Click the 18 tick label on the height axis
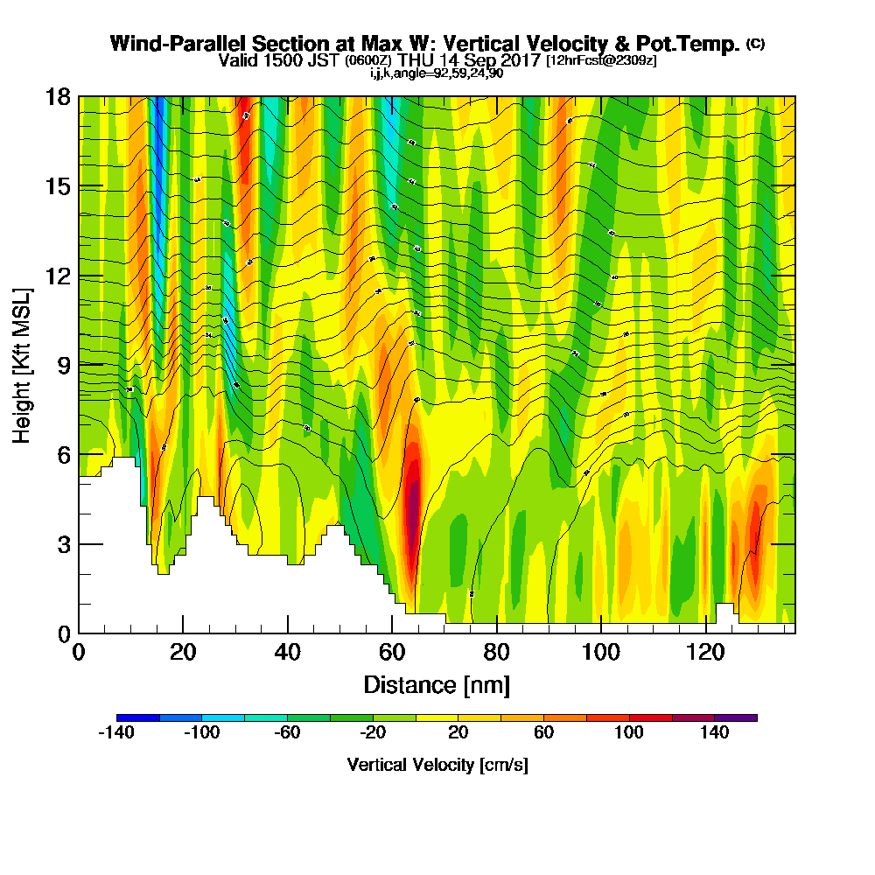(x=58, y=97)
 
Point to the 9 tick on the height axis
(x=79, y=365)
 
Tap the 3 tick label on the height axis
(x=63, y=544)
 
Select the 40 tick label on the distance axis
(x=287, y=653)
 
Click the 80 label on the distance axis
(x=496, y=653)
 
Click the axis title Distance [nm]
(x=437, y=684)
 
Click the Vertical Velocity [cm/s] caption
(x=437, y=766)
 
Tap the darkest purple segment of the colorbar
(x=736, y=717)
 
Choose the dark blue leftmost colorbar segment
(x=137, y=717)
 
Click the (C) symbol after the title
(x=755, y=45)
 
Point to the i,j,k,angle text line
(x=437, y=73)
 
